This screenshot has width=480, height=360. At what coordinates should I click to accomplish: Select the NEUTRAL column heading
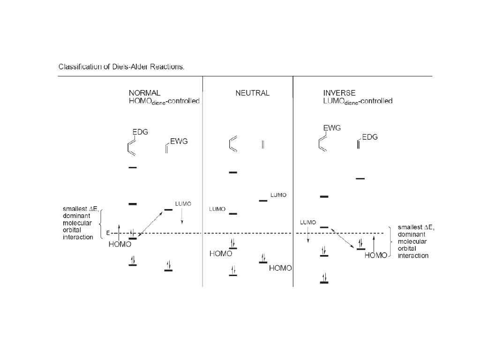click(252, 93)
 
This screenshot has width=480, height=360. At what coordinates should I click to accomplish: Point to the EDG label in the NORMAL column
click(140, 132)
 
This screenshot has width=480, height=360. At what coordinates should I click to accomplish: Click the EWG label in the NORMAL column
click(179, 141)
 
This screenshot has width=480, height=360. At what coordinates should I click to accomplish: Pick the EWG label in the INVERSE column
click(332, 128)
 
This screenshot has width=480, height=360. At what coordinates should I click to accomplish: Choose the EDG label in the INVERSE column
click(370, 137)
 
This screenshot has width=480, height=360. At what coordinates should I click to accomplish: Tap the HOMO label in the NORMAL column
click(119, 244)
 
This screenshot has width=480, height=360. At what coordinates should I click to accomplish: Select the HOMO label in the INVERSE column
click(376, 255)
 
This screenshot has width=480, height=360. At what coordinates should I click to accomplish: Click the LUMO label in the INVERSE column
click(307, 222)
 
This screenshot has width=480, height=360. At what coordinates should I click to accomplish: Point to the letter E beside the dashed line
click(108, 233)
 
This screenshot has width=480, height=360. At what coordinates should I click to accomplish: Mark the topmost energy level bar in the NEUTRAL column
click(233, 172)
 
